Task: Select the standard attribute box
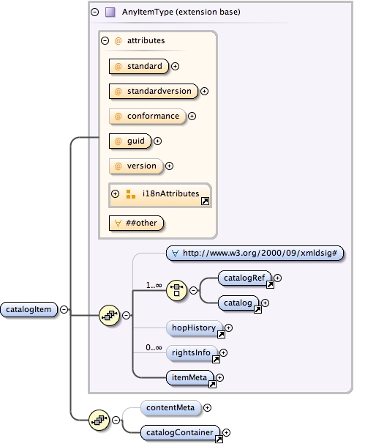tap(138, 67)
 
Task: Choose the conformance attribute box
tap(146, 116)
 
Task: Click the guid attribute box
tap(129, 141)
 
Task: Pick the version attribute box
tap(135, 166)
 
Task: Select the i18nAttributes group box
tap(159, 194)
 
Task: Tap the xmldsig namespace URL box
tap(255, 254)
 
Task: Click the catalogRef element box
tap(245, 278)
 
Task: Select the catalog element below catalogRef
tap(239, 303)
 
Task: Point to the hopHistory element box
tap(195, 328)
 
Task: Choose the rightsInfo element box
tap(192, 353)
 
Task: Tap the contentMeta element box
tap(169, 407)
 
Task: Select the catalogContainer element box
tap(181, 433)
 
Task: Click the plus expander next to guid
tap(157, 141)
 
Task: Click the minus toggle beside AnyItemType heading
tap(94, 12)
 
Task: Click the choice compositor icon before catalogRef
tap(176, 290)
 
